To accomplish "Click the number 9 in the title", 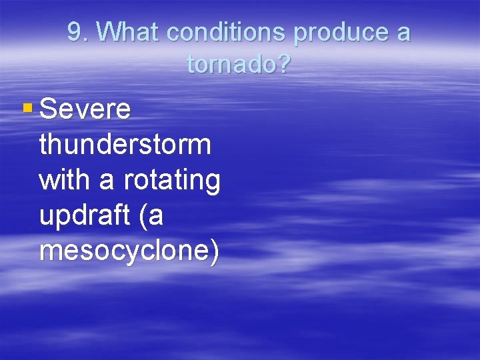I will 75,32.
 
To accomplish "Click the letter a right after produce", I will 403,33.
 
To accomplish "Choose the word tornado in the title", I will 232,64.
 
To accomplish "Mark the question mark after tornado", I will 285,64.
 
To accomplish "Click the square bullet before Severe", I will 27,107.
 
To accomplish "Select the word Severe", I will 85,109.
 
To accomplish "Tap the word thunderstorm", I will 125,145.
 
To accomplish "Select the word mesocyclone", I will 123,252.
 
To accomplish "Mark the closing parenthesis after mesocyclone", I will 213,253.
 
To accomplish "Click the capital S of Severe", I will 49,109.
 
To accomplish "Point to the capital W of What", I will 115,32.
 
